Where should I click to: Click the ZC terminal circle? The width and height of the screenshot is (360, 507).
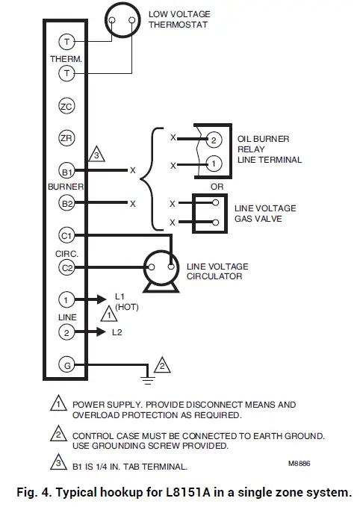(x=66, y=107)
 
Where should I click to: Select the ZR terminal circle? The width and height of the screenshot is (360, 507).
(x=66, y=138)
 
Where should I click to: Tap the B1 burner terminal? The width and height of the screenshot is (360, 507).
(x=66, y=170)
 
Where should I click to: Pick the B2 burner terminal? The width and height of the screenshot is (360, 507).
(x=66, y=203)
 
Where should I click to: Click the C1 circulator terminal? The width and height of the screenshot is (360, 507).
(x=66, y=235)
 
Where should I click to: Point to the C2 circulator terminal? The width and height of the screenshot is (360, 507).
(x=66, y=267)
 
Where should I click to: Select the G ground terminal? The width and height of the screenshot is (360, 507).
(x=66, y=365)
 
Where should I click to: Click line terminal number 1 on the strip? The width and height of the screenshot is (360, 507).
(x=66, y=300)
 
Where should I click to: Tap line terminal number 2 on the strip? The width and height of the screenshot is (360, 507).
(x=66, y=332)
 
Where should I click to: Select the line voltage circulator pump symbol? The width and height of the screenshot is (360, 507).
(x=159, y=269)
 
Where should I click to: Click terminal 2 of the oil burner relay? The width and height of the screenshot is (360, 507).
(x=212, y=140)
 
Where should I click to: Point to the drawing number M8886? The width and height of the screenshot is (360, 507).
(x=299, y=464)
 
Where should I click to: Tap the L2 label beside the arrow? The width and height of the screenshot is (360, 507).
(x=117, y=332)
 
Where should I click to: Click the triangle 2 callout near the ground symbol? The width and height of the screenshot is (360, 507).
(x=162, y=366)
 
